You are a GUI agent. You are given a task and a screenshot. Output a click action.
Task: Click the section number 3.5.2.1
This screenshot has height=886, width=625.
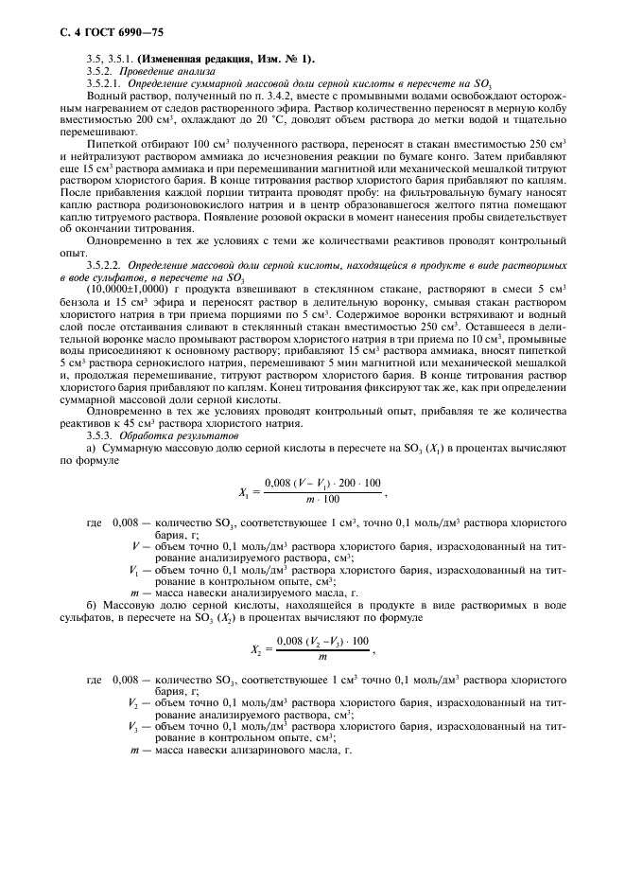105,84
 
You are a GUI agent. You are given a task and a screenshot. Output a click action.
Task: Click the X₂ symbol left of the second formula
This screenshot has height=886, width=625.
255,649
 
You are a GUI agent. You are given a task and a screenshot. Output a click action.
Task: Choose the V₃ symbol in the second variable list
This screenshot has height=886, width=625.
134,726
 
